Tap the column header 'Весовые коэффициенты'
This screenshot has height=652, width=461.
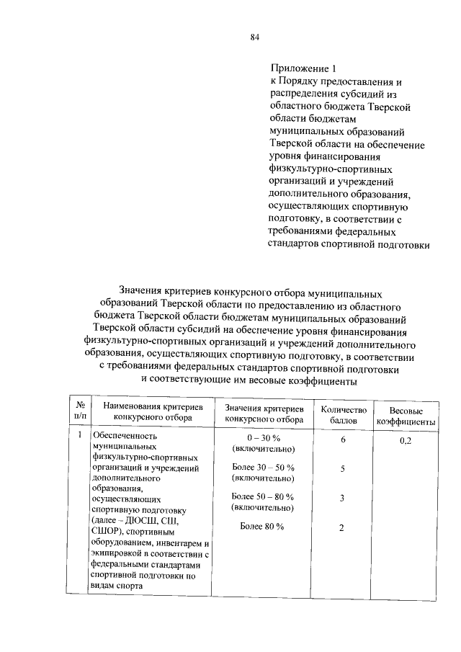click(405, 416)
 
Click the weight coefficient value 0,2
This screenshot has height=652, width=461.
click(405, 441)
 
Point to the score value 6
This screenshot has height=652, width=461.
click(343, 439)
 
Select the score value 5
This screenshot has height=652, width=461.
click(343, 468)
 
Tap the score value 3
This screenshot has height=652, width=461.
click(343, 498)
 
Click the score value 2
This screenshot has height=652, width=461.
click(343, 527)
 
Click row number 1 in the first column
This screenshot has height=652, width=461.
click(79, 436)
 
